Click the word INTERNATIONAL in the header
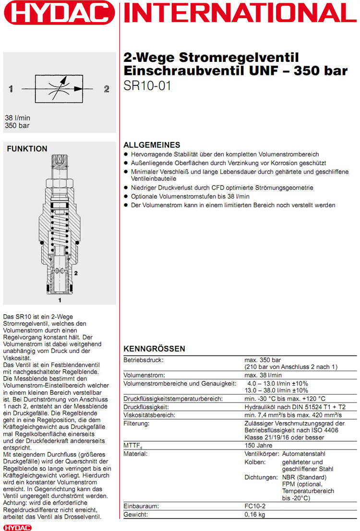click(x=240, y=13)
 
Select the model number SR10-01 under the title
click(x=147, y=87)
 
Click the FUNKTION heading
click(x=27, y=149)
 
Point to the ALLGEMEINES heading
click(x=152, y=145)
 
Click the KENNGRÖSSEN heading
click(x=155, y=348)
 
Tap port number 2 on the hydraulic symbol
click(x=107, y=89)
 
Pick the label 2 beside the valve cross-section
click(x=76, y=273)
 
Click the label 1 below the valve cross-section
click(x=60, y=300)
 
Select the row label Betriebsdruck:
click(x=144, y=360)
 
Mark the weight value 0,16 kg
click(x=255, y=514)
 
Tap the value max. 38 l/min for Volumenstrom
click(x=263, y=375)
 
